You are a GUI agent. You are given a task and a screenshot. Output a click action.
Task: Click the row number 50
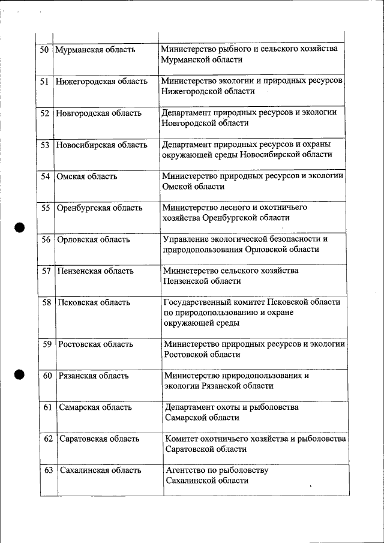tap(44, 50)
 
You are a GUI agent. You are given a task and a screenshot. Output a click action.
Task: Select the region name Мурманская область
tap(95, 50)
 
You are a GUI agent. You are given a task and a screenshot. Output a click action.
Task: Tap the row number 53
tap(45, 145)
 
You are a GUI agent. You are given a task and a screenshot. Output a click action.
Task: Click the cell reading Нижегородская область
tap(101, 82)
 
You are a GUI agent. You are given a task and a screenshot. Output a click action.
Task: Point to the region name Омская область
tap(86, 176)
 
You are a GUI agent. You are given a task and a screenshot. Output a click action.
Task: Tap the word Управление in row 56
tap(186, 239)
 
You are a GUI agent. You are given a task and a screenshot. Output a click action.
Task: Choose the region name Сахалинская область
tap(100, 470)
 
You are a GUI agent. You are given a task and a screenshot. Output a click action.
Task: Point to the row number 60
tap(48, 376)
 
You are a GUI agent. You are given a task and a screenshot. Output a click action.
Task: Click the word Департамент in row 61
tap(190, 407)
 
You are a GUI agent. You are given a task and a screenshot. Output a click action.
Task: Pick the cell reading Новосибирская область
tap(101, 145)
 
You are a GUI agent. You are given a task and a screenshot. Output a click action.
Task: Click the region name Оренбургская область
tap(99, 208)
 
